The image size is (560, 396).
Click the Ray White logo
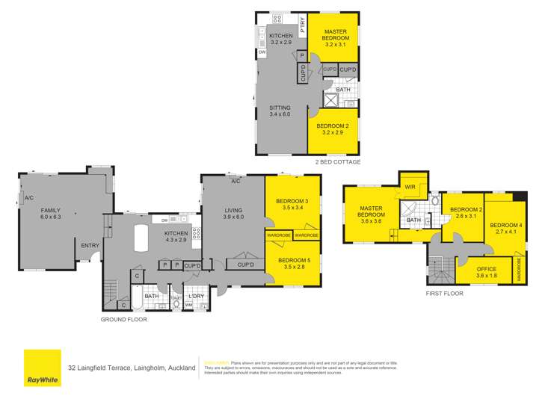pyautogui.click(x=43, y=368)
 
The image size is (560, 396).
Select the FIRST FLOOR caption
pyautogui.click(x=444, y=294)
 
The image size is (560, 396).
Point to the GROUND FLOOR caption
pyautogui.click(x=123, y=319)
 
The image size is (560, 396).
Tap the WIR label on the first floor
pyautogui.click(x=409, y=187)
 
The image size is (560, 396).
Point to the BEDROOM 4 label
pyautogui.click(x=505, y=229)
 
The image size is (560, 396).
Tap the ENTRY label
pyautogui.click(x=90, y=245)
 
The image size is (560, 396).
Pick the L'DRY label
pyautogui.click(x=196, y=297)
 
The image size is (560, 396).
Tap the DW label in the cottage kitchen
pyautogui.click(x=262, y=52)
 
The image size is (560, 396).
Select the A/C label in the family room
pyautogui.click(x=29, y=198)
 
